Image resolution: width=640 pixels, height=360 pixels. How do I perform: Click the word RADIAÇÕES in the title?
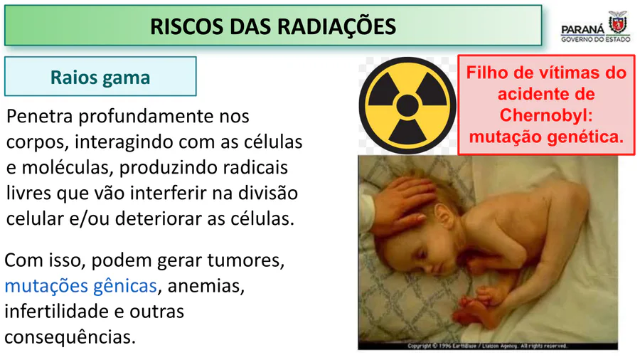coord(337,26)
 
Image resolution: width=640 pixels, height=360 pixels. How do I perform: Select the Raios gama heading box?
coord(100,76)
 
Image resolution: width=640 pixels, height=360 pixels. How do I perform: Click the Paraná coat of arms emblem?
coord(617,23)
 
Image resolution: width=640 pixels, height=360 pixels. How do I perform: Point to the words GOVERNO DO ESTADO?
coord(595,39)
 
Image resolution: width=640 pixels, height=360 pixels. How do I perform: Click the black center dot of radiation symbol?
coord(407,106)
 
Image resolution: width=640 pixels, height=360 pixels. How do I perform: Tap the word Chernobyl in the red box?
coord(546,115)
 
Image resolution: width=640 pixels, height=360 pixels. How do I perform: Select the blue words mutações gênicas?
coord(81,286)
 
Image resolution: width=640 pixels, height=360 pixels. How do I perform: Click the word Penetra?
coord(40,117)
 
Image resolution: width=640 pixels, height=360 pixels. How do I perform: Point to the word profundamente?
coord(146,117)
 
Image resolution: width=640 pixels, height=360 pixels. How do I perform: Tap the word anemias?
coord(206,286)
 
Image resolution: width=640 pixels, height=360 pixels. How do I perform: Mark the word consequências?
coord(70,337)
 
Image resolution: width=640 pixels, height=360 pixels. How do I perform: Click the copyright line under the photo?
coord(487,346)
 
